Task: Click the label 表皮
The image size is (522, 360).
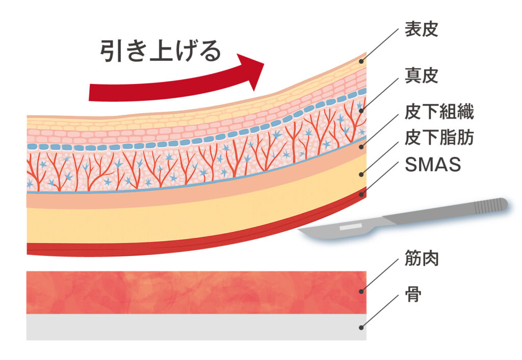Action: [x=421, y=29]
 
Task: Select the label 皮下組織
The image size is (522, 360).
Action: [x=439, y=112]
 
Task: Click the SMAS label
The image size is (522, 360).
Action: [x=432, y=164]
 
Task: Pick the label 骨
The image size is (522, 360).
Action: [x=413, y=294]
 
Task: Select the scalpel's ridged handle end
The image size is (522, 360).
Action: [x=489, y=206]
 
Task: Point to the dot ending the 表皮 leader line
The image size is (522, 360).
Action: [x=362, y=61]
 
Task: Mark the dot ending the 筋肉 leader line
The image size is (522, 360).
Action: [x=362, y=291]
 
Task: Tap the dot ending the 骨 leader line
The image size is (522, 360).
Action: [x=362, y=328]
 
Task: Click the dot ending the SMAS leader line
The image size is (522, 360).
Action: [x=362, y=193]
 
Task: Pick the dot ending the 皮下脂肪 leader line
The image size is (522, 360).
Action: [x=362, y=174]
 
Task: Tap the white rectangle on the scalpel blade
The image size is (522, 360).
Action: [x=350, y=226]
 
